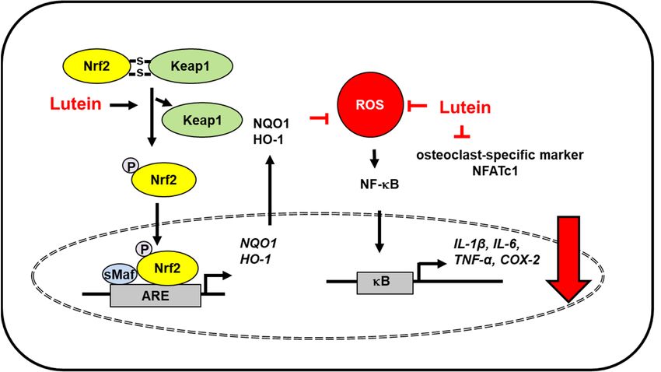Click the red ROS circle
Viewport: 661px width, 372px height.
point(370,104)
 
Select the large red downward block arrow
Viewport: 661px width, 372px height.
point(568,258)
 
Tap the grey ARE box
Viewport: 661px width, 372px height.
point(155,295)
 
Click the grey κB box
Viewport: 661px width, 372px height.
point(385,283)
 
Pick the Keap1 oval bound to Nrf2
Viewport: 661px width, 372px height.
point(190,66)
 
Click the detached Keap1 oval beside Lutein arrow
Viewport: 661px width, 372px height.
point(202,121)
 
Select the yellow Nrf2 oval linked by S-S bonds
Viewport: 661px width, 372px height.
point(97,66)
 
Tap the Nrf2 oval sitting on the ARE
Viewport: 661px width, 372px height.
point(167,268)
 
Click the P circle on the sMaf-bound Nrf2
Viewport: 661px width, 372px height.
point(144,249)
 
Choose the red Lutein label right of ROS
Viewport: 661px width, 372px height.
point(465,107)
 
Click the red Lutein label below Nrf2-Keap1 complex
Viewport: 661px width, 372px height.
point(76,104)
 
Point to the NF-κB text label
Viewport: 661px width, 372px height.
point(379,184)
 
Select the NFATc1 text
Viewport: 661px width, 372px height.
point(499,171)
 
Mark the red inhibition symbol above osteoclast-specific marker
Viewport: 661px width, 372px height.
point(462,132)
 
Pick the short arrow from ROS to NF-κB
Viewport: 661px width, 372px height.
point(374,159)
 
